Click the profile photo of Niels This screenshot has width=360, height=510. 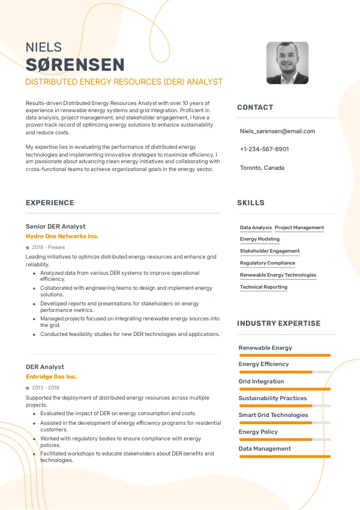(x=287, y=63)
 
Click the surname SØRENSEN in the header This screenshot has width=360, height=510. (x=75, y=65)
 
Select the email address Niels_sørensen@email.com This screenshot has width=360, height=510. (x=277, y=131)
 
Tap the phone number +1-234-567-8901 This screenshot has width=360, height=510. (x=264, y=149)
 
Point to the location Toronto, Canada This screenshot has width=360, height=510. (x=262, y=167)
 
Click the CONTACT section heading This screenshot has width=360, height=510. (x=255, y=107)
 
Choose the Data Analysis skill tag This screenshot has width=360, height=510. (x=256, y=228)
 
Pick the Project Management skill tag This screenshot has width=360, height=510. (x=299, y=228)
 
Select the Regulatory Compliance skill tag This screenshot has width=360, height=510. (x=268, y=263)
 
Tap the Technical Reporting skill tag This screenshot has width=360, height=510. (x=263, y=287)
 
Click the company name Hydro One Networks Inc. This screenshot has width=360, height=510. (x=62, y=236)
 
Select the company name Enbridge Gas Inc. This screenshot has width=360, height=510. (x=51, y=377)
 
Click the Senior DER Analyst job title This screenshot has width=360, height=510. (x=55, y=226)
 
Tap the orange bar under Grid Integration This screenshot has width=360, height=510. (x=284, y=389)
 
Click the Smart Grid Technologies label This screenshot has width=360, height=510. (x=273, y=415)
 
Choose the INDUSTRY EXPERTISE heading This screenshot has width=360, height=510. (x=278, y=323)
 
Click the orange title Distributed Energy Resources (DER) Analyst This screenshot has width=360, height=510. (x=124, y=82)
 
